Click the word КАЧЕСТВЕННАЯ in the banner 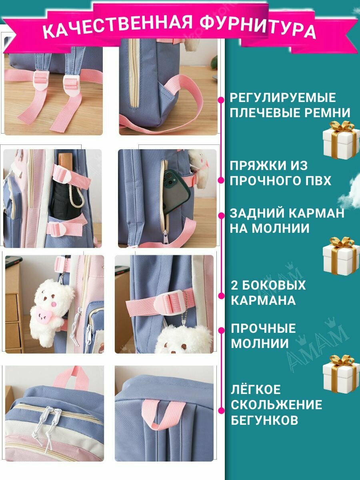tap(117, 27)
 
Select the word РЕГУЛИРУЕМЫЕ tap(283, 98)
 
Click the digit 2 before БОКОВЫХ tap(234, 285)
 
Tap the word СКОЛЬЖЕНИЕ tap(276, 404)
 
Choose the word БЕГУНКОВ tap(264, 420)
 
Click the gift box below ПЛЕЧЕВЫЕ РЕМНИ tap(342, 140)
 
